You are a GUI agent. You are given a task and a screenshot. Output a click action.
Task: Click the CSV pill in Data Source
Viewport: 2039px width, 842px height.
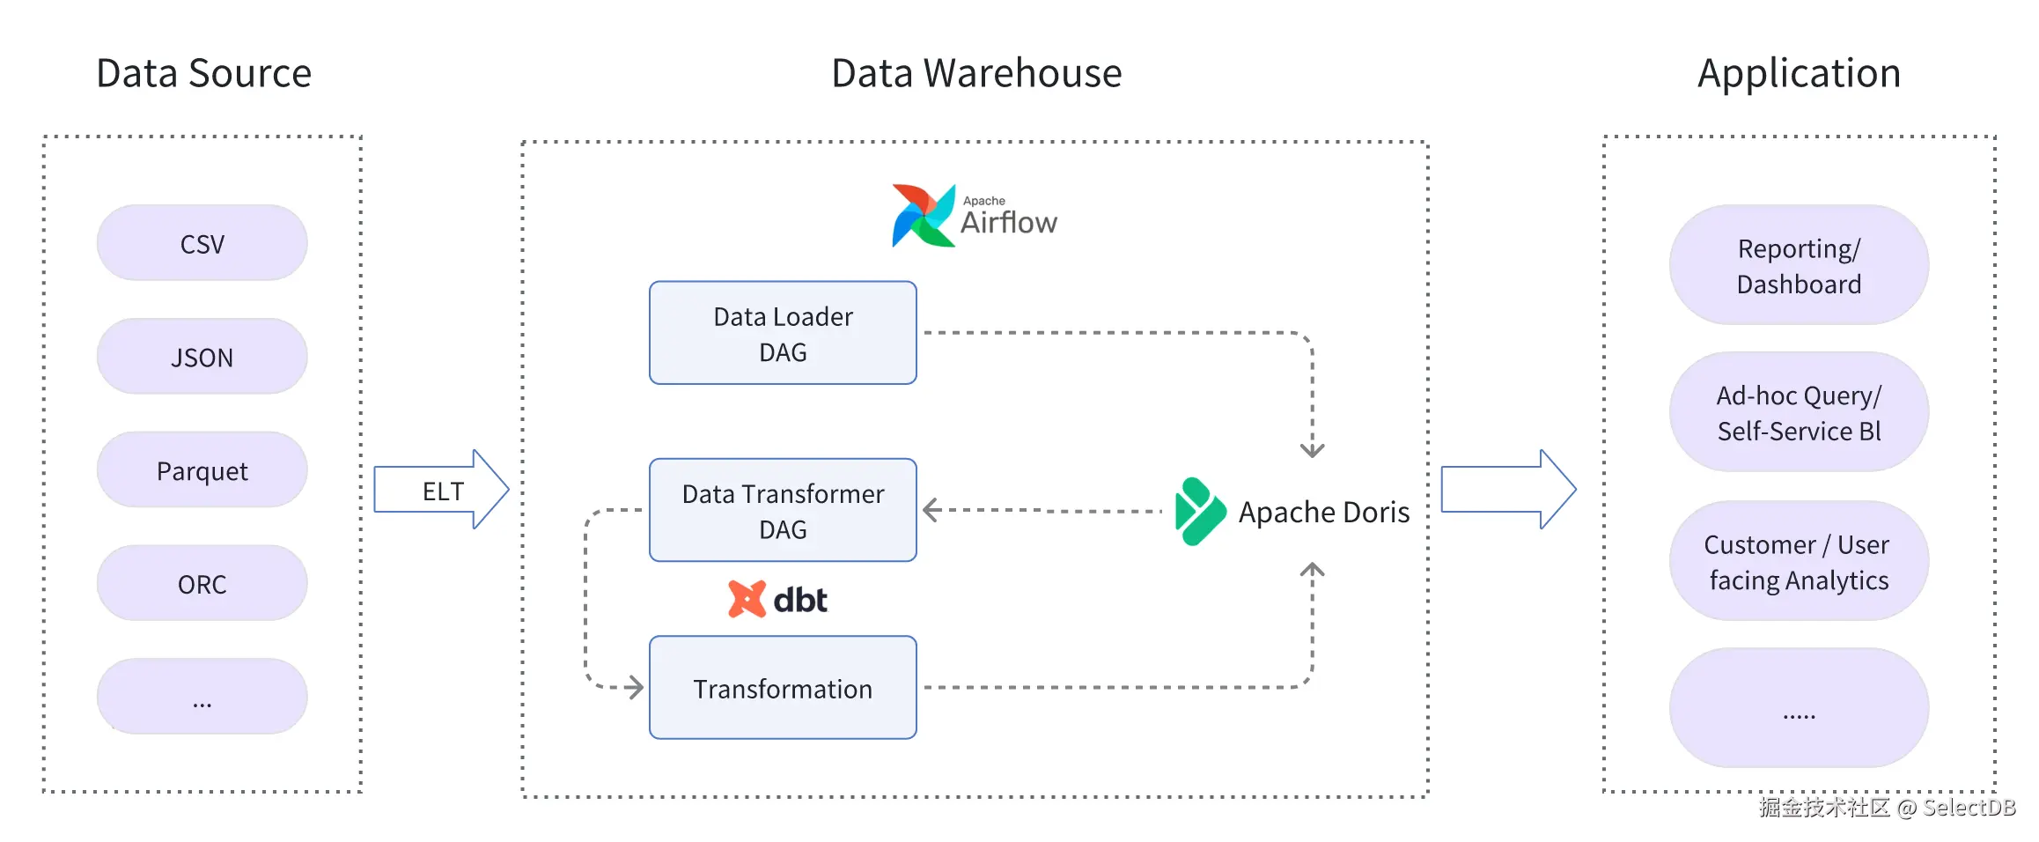pyautogui.click(x=202, y=243)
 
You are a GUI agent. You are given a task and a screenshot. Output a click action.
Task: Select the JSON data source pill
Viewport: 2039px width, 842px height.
pyautogui.click(x=202, y=357)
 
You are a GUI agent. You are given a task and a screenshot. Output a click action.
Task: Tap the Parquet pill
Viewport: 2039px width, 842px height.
pyautogui.click(x=202, y=470)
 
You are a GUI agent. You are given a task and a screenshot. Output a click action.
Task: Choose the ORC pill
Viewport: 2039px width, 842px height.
pyautogui.click(x=202, y=583)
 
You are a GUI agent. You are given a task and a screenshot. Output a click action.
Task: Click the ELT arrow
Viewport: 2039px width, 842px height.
pyautogui.click(x=441, y=490)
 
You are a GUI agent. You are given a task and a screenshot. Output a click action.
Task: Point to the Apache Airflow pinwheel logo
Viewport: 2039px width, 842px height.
pyautogui.click(x=923, y=216)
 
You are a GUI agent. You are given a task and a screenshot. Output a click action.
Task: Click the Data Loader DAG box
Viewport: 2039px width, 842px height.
pyautogui.click(x=783, y=333)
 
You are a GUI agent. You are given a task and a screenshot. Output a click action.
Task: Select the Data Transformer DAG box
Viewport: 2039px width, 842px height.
pyautogui.click(x=783, y=510)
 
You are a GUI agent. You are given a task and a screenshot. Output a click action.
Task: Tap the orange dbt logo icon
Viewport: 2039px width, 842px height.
pyautogui.click(x=747, y=599)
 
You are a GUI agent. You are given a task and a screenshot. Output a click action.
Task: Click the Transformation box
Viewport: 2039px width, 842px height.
pyautogui.click(x=783, y=688)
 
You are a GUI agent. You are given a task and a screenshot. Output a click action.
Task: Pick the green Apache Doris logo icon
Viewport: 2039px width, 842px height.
pyautogui.click(x=1199, y=512)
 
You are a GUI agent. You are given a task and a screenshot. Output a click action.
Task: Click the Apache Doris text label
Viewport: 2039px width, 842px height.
pyautogui.click(x=1323, y=512)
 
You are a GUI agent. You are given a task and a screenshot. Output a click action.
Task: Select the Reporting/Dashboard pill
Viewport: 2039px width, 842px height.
pyautogui.click(x=1798, y=265)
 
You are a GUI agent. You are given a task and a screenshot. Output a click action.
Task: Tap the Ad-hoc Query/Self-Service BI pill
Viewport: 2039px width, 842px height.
pyautogui.click(x=1798, y=412)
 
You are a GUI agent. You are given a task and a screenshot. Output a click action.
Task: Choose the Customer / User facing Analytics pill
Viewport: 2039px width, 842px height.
pyautogui.click(x=1798, y=561)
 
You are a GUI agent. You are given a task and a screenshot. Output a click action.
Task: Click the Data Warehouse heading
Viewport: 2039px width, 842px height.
pyautogui.click(x=976, y=73)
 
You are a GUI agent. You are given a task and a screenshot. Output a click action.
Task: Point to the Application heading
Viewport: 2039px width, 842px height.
pyautogui.click(x=1799, y=73)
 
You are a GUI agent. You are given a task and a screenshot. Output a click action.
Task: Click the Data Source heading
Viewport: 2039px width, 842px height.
pyautogui.click(x=203, y=73)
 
